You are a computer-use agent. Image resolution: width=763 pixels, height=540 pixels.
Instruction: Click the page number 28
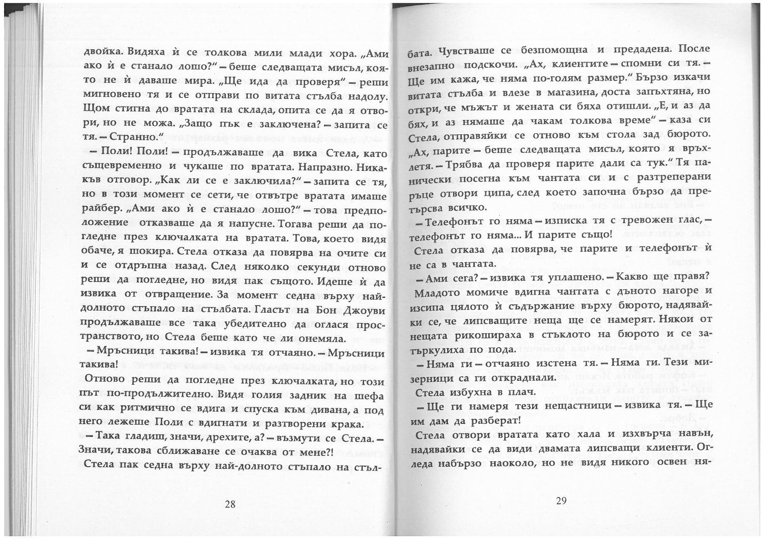coord(230,504)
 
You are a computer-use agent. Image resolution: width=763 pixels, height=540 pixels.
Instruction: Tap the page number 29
coord(561,500)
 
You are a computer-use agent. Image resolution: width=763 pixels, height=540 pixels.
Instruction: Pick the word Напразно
coord(327,167)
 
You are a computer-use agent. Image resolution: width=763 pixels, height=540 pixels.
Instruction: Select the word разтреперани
coord(674,178)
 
